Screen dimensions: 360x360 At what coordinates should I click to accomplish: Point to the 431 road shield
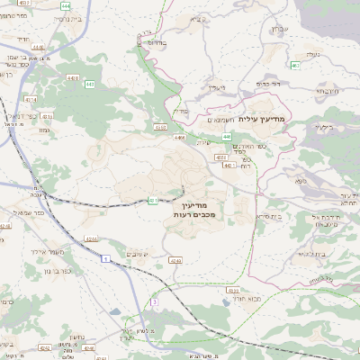[x=153, y=200]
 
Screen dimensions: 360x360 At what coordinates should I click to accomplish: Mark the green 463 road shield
[x=295, y=65]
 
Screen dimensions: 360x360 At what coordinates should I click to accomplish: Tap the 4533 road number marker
[x=232, y=290]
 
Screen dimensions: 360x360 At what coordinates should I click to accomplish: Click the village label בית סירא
[x=269, y=216]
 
